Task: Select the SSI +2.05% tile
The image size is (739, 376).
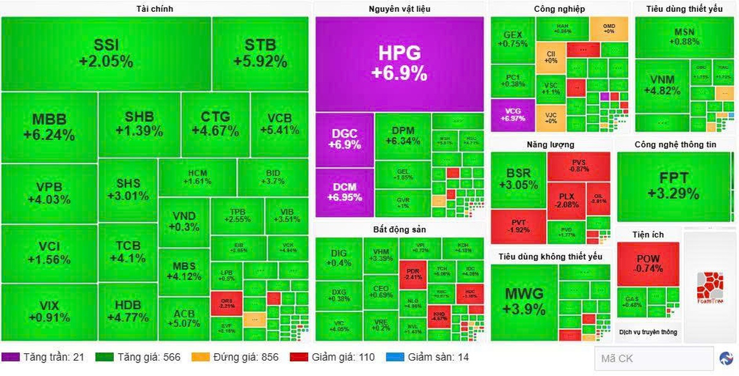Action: pos(106,54)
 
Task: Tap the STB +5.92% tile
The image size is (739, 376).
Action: pos(260,54)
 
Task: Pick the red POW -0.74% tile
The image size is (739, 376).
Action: pos(648,263)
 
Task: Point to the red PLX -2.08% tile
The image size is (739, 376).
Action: pos(567,200)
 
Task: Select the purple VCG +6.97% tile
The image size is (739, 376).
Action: pos(512,114)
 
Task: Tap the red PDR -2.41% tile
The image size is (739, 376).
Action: pos(412,273)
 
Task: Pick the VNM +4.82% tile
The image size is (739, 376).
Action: pos(662,85)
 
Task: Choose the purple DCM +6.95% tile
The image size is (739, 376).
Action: pos(345,192)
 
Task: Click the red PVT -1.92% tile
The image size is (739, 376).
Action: pos(519,226)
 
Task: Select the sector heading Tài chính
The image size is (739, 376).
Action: pos(154,9)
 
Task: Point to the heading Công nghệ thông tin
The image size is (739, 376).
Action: pos(676,145)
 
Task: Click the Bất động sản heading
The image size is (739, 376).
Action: pos(399,230)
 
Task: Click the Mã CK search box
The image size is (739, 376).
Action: pos(653,358)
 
